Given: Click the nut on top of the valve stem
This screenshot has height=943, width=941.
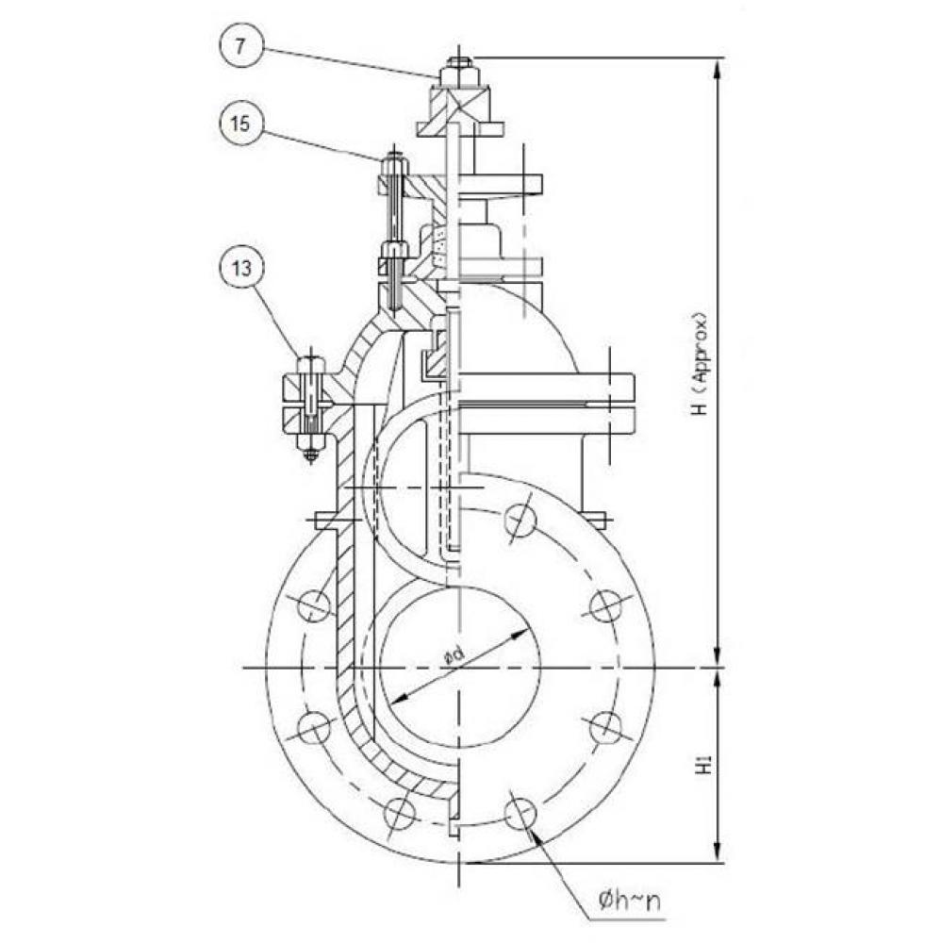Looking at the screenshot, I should click(458, 72).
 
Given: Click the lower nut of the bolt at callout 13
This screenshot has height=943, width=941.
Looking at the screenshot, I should click(311, 438).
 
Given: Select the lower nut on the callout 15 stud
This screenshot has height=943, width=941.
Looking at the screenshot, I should click(393, 251).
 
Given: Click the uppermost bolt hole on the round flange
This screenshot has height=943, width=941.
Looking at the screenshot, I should click(520, 520).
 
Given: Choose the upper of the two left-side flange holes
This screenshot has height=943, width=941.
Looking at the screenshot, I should click(315, 604).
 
